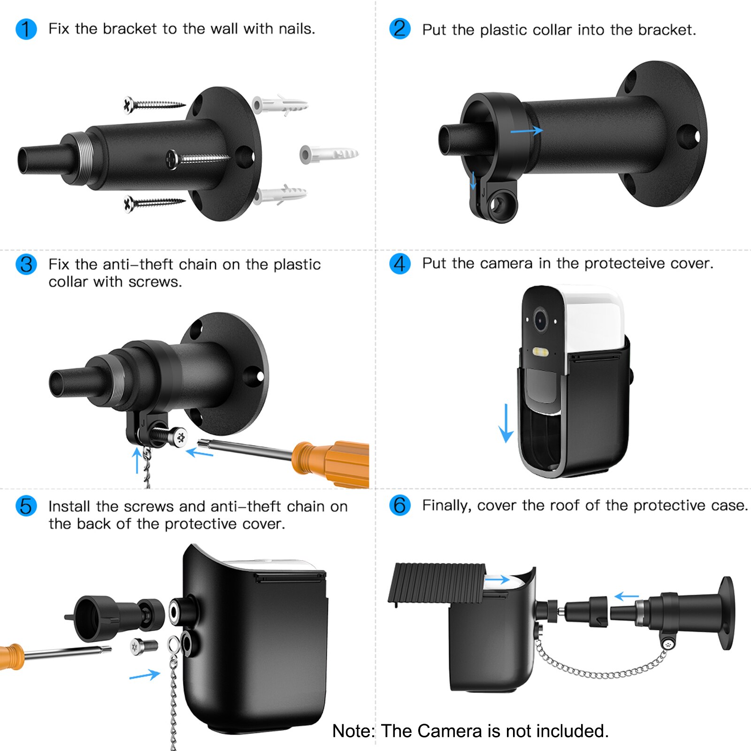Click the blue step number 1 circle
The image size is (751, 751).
[26, 29]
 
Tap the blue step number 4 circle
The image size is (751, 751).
[400, 264]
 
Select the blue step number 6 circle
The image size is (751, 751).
[400, 506]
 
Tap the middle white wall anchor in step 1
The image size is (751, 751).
[329, 154]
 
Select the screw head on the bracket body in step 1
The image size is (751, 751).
[173, 160]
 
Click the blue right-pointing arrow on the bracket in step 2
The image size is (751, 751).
[527, 131]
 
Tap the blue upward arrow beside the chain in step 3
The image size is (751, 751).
[137, 460]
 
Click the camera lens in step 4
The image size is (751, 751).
[541, 321]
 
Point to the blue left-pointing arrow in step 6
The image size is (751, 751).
[626, 597]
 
